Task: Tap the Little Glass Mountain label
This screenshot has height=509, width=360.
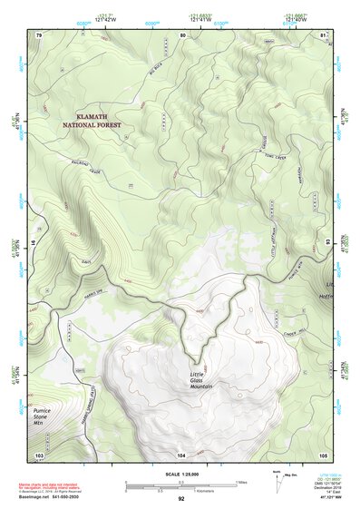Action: (x=203, y=382)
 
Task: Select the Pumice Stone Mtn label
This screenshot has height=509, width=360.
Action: (x=44, y=416)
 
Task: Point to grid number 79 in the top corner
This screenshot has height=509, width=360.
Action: (x=39, y=34)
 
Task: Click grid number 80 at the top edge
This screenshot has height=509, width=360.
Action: (x=182, y=34)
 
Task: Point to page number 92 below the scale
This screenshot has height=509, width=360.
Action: (x=180, y=499)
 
